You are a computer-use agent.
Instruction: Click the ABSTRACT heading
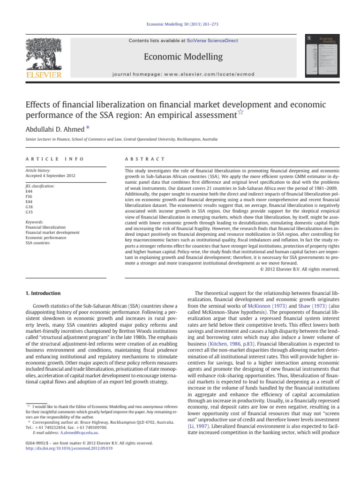(142, 159)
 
